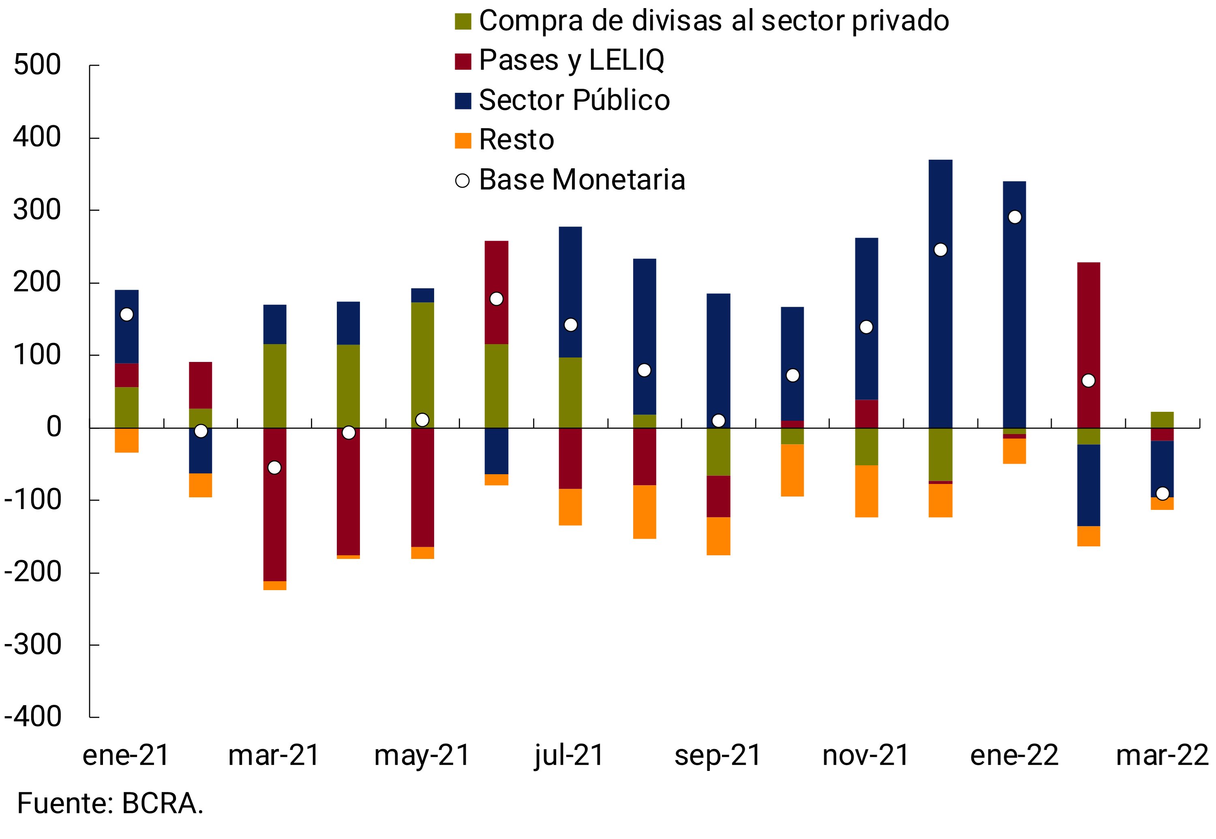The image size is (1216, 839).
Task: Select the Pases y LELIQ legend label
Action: (x=570, y=60)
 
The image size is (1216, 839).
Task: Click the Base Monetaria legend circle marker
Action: (x=462, y=181)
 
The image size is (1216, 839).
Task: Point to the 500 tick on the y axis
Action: (x=37, y=65)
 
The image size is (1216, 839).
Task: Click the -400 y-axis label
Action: (x=32, y=717)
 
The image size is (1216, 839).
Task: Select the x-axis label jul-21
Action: (x=569, y=756)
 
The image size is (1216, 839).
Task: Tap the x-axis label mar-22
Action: (x=1162, y=756)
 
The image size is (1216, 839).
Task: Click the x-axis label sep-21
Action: (x=717, y=756)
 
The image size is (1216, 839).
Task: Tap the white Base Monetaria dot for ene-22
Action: (x=1015, y=217)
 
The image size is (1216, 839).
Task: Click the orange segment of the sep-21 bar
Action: (x=718, y=536)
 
